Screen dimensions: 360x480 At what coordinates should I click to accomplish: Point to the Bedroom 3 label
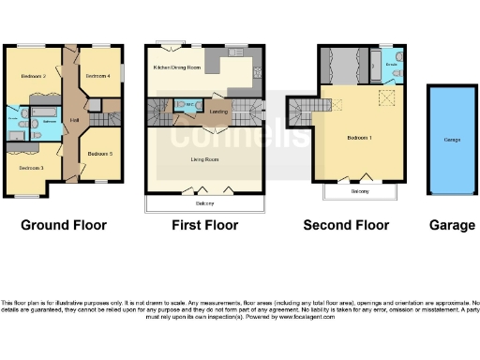[x=31, y=167]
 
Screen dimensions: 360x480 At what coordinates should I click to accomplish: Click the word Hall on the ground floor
[x=72, y=120]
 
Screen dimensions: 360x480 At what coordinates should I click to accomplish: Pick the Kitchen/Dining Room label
[x=177, y=68]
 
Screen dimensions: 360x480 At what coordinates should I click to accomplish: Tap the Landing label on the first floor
[x=218, y=112]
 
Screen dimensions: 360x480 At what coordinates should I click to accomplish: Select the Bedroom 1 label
[x=359, y=138]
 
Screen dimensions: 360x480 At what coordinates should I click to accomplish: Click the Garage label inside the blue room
[x=452, y=139]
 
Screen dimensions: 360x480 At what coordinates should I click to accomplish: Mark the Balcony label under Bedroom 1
[x=360, y=191]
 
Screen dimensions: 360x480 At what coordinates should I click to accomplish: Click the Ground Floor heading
[x=64, y=225]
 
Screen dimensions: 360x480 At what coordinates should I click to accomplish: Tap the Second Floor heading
[x=346, y=225]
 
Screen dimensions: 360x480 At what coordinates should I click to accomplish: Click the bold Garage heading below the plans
[x=452, y=225]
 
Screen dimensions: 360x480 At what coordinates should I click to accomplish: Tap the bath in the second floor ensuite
[x=398, y=65]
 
